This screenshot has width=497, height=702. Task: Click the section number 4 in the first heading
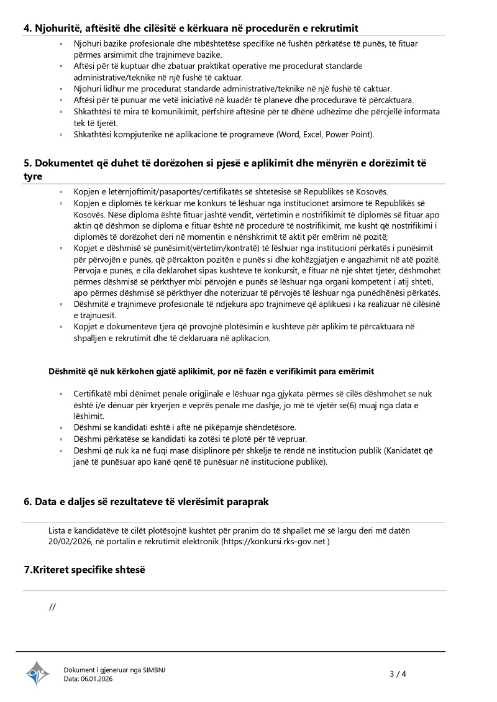[x=27, y=28]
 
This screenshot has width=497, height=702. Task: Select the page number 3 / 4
[x=398, y=673]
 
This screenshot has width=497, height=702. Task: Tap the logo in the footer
[x=37, y=673]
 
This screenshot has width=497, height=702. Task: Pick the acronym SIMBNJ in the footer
[x=154, y=670]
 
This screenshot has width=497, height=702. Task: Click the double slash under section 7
[x=52, y=607]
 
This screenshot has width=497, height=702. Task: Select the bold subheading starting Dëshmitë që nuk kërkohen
[x=211, y=372]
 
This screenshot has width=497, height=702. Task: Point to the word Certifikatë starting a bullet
[x=94, y=394]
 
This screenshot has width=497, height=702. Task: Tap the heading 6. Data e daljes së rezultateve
[x=146, y=501]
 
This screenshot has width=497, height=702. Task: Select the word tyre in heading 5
[x=33, y=176]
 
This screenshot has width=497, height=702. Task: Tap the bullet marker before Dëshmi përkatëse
[x=61, y=439]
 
